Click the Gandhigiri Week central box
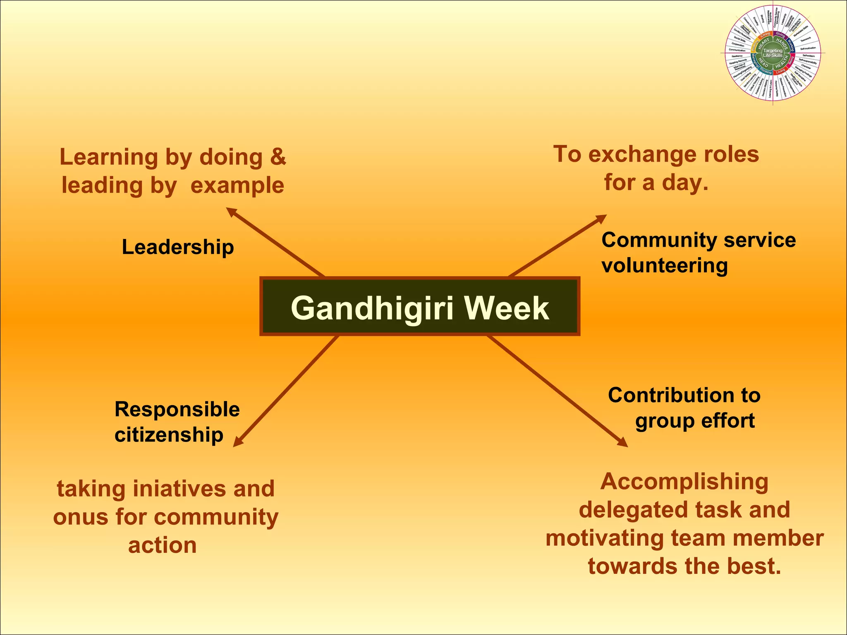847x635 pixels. pyautogui.click(x=420, y=306)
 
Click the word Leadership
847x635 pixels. pyautogui.click(x=178, y=247)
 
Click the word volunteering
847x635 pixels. pyautogui.click(x=664, y=265)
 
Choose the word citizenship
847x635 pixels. pyautogui.click(x=169, y=435)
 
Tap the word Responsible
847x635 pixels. pyautogui.click(x=177, y=409)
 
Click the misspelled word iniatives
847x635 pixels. pyautogui.click(x=179, y=489)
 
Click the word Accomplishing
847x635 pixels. pyautogui.click(x=684, y=482)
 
